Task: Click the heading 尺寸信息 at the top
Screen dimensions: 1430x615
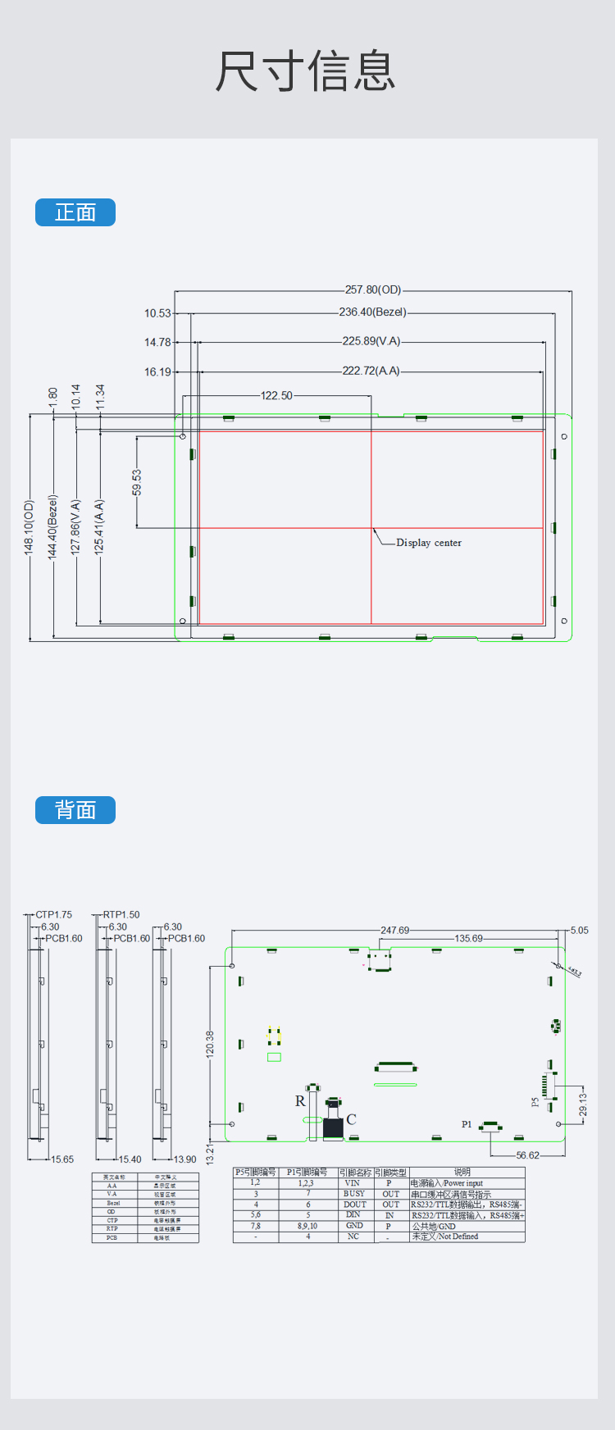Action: tap(306, 71)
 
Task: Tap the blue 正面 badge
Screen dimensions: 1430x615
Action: tap(75, 212)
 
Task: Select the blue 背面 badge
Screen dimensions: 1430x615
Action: tap(75, 810)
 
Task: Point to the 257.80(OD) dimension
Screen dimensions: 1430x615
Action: tap(373, 290)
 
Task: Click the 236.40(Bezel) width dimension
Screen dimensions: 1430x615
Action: tap(372, 312)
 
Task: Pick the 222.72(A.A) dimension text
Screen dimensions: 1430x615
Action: tap(371, 371)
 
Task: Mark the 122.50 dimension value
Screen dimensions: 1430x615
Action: tap(276, 396)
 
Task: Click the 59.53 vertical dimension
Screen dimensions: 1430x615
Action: tap(137, 482)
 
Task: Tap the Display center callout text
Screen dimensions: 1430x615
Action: tap(429, 543)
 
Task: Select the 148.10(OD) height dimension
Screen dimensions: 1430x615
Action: tap(30, 527)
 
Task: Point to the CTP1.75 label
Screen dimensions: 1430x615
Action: tap(53, 915)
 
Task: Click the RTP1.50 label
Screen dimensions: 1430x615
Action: tap(121, 915)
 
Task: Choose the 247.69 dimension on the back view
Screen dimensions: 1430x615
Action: tap(395, 931)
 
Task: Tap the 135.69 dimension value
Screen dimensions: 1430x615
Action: tap(469, 939)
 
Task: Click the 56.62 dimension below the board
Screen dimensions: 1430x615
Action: tap(528, 1155)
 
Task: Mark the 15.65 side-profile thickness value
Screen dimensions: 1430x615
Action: tap(62, 1159)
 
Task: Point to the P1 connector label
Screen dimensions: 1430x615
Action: tap(467, 1125)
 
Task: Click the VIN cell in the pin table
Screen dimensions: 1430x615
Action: tap(353, 1183)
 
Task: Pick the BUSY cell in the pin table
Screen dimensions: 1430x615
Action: tap(354, 1194)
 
